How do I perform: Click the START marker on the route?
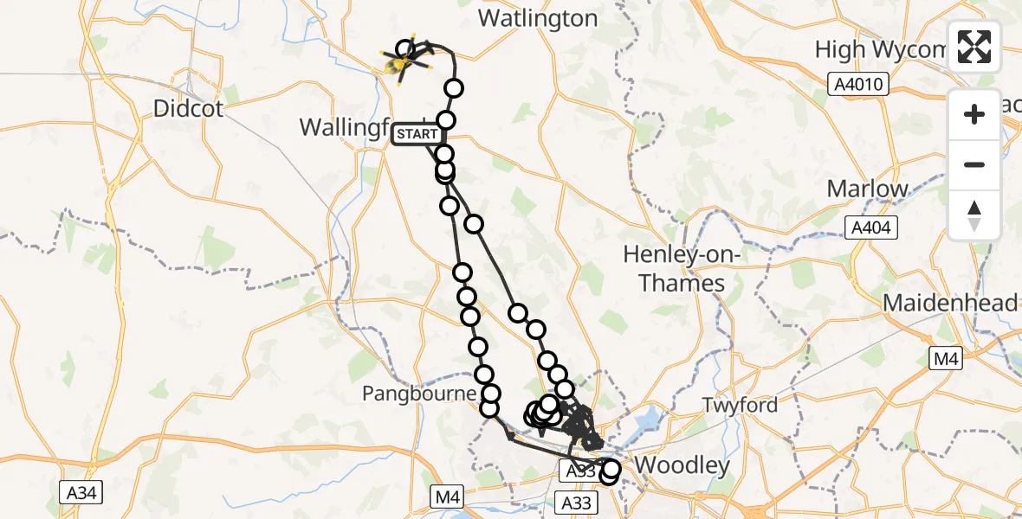coord(418,135)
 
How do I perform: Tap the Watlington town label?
coord(538,19)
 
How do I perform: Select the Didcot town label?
coord(188,109)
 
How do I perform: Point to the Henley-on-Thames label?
coord(675,268)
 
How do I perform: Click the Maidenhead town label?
coord(950,303)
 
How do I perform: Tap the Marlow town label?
coord(867,189)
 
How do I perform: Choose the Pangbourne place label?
coord(419,394)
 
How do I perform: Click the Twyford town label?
coord(740,404)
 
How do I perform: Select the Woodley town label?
coord(682,465)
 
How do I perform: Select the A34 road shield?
coord(82,493)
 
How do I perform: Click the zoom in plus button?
coord(974,114)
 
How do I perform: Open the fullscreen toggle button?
coord(974,47)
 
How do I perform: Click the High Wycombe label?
coord(879,49)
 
